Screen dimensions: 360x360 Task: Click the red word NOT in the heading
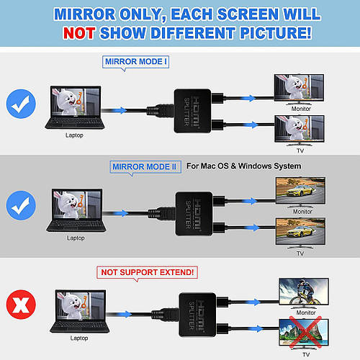(x=79, y=33)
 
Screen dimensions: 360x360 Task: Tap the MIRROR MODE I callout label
(x=135, y=62)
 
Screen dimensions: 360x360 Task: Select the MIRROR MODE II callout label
(x=145, y=167)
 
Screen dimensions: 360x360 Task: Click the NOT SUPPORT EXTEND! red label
(x=147, y=272)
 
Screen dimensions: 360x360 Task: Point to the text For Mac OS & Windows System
(x=243, y=166)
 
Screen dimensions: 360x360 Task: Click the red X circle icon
(x=21, y=305)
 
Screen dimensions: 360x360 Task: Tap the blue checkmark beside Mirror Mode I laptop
(x=21, y=104)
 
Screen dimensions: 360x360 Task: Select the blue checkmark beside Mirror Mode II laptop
(x=21, y=205)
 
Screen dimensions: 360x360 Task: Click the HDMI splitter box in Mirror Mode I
(x=192, y=111)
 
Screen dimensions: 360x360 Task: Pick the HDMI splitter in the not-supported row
(x=197, y=315)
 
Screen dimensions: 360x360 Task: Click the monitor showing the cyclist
(x=304, y=293)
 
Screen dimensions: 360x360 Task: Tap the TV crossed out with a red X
(x=304, y=333)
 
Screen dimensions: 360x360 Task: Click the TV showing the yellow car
(x=300, y=233)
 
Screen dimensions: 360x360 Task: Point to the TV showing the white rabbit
(x=300, y=130)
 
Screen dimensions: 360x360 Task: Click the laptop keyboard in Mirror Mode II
(x=76, y=225)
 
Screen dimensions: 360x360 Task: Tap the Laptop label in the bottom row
(x=79, y=338)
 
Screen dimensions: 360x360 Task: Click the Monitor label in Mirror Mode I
(x=301, y=109)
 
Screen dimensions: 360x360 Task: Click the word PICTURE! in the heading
(x=276, y=33)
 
